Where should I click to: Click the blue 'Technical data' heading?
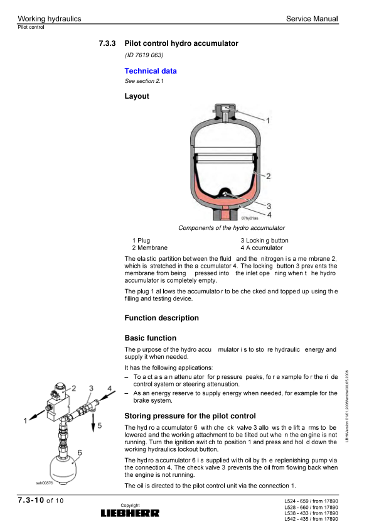point(151,71)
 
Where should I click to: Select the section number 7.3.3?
point(107,43)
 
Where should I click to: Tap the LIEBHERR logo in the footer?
point(130,513)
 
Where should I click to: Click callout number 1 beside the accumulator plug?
point(268,121)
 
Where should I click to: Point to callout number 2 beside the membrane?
point(268,176)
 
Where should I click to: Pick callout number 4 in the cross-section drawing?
point(269,215)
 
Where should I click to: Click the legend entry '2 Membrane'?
point(149,248)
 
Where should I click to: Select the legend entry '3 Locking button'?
point(264,241)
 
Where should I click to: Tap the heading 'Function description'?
point(162,318)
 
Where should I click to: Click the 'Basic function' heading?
point(151,338)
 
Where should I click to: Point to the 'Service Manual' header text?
point(312,19)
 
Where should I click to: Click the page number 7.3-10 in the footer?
point(31,500)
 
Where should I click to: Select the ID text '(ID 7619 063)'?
point(144,55)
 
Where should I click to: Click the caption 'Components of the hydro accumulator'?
point(232,228)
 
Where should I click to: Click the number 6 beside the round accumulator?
point(80,452)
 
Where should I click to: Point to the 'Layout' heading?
point(137,96)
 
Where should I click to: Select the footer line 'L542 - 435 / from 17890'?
point(311,519)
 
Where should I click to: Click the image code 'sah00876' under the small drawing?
point(45,483)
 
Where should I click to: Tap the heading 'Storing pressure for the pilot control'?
point(190,416)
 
